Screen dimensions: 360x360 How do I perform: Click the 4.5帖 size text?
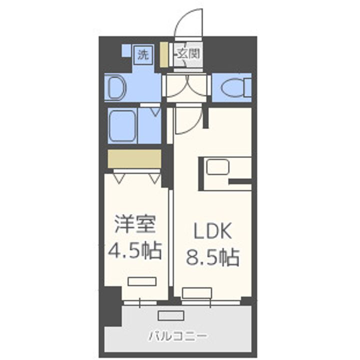[x=135, y=250]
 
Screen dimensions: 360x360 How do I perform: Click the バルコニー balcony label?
[x=178, y=335]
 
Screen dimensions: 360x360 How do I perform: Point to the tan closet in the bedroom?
[x=134, y=158]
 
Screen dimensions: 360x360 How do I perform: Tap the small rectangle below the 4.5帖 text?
[x=137, y=281]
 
